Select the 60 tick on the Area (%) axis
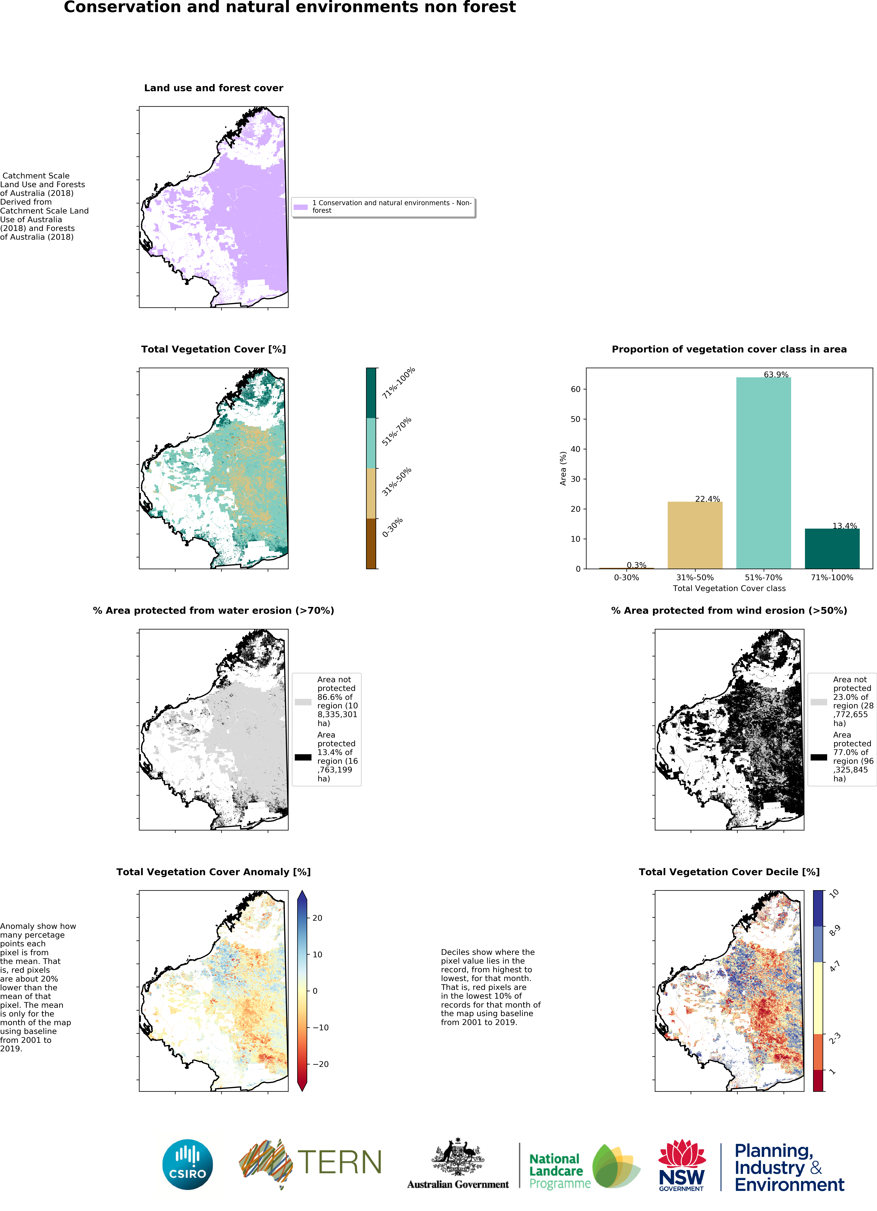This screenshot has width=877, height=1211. (575, 389)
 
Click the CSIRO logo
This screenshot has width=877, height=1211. (187, 1165)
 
